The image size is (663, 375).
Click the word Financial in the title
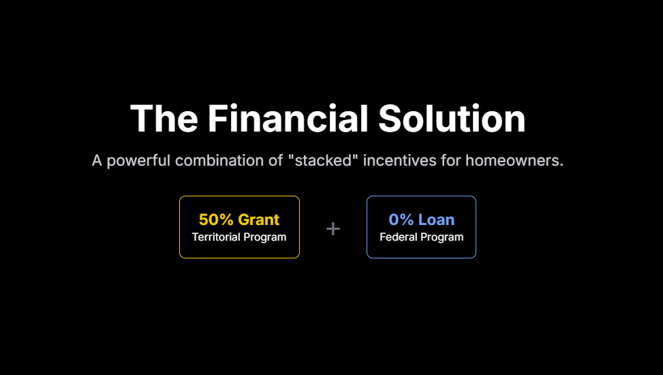pyautogui.click(x=288, y=119)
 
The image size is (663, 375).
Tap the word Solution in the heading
pyautogui.click(x=452, y=119)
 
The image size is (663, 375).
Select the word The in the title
pyautogui.click(x=164, y=119)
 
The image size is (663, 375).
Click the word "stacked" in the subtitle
pyautogui.click(x=323, y=160)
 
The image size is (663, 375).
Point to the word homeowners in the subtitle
pyautogui.click(x=514, y=160)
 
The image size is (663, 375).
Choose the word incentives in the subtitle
pyautogui.click(x=399, y=160)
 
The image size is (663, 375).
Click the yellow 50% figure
pyautogui.click(x=216, y=220)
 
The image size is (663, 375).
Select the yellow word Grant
pyautogui.click(x=259, y=220)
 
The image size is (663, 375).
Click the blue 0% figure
pyautogui.click(x=401, y=220)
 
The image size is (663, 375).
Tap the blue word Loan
pyautogui.click(x=436, y=220)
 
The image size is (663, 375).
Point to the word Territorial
pyautogui.click(x=216, y=237)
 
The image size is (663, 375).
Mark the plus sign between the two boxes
pyautogui.click(x=333, y=229)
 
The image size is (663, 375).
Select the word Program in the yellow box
pyautogui.click(x=265, y=238)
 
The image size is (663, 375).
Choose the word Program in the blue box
pyautogui.click(x=442, y=238)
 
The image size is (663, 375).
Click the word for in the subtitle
pyautogui.click(x=450, y=160)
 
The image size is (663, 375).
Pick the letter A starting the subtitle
pyautogui.click(x=97, y=160)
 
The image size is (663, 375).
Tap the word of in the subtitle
pyautogui.click(x=275, y=160)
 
